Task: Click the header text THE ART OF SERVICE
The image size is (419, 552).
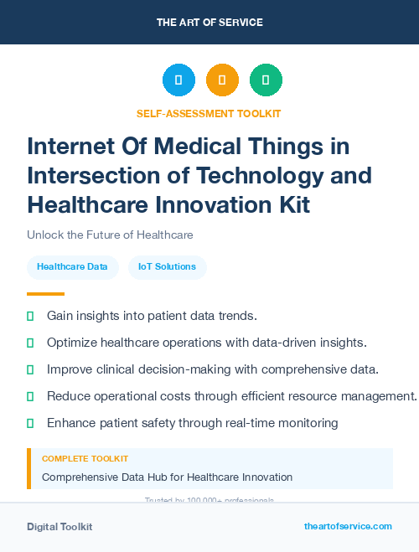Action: point(209,23)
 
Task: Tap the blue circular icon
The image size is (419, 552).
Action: point(178,80)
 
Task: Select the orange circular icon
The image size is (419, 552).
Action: point(222,80)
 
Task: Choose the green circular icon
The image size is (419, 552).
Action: point(266,80)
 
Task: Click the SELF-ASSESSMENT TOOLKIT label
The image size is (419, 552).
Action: point(209,113)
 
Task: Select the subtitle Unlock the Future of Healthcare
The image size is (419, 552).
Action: point(110,235)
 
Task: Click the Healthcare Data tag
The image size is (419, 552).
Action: point(72,267)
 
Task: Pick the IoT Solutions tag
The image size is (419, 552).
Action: point(167,267)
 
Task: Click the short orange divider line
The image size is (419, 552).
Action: point(45,294)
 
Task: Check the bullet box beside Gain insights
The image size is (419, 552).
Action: point(31,316)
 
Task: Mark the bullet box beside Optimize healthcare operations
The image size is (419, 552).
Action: point(31,343)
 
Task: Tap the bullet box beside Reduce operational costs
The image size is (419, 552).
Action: point(31,396)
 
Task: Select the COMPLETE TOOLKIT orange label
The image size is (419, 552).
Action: point(85,459)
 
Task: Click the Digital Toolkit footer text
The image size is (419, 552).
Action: point(59,527)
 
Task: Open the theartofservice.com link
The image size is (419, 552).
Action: point(348,526)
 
